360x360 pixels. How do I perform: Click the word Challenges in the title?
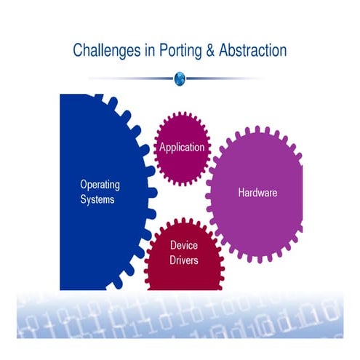click(107, 51)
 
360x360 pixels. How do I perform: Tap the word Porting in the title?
click(180, 51)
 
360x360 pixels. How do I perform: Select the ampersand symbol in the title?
click(210, 50)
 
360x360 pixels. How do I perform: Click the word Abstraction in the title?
click(253, 50)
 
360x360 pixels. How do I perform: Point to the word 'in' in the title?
click(150, 50)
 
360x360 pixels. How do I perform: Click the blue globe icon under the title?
click(180, 79)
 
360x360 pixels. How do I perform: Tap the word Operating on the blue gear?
click(100, 185)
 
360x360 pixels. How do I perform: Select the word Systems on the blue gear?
click(97, 200)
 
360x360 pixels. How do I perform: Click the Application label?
click(182, 148)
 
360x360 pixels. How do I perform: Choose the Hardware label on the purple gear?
click(257, 193)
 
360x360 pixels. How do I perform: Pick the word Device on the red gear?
click(184, 245)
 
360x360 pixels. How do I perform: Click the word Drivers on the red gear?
click(184, 260)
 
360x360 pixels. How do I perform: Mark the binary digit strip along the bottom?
click(180, 315)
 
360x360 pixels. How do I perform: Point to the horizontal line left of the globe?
click(131, 79)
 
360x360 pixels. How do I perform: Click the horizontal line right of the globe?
click(224, 79)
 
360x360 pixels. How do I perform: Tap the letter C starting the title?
click(77, 50)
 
